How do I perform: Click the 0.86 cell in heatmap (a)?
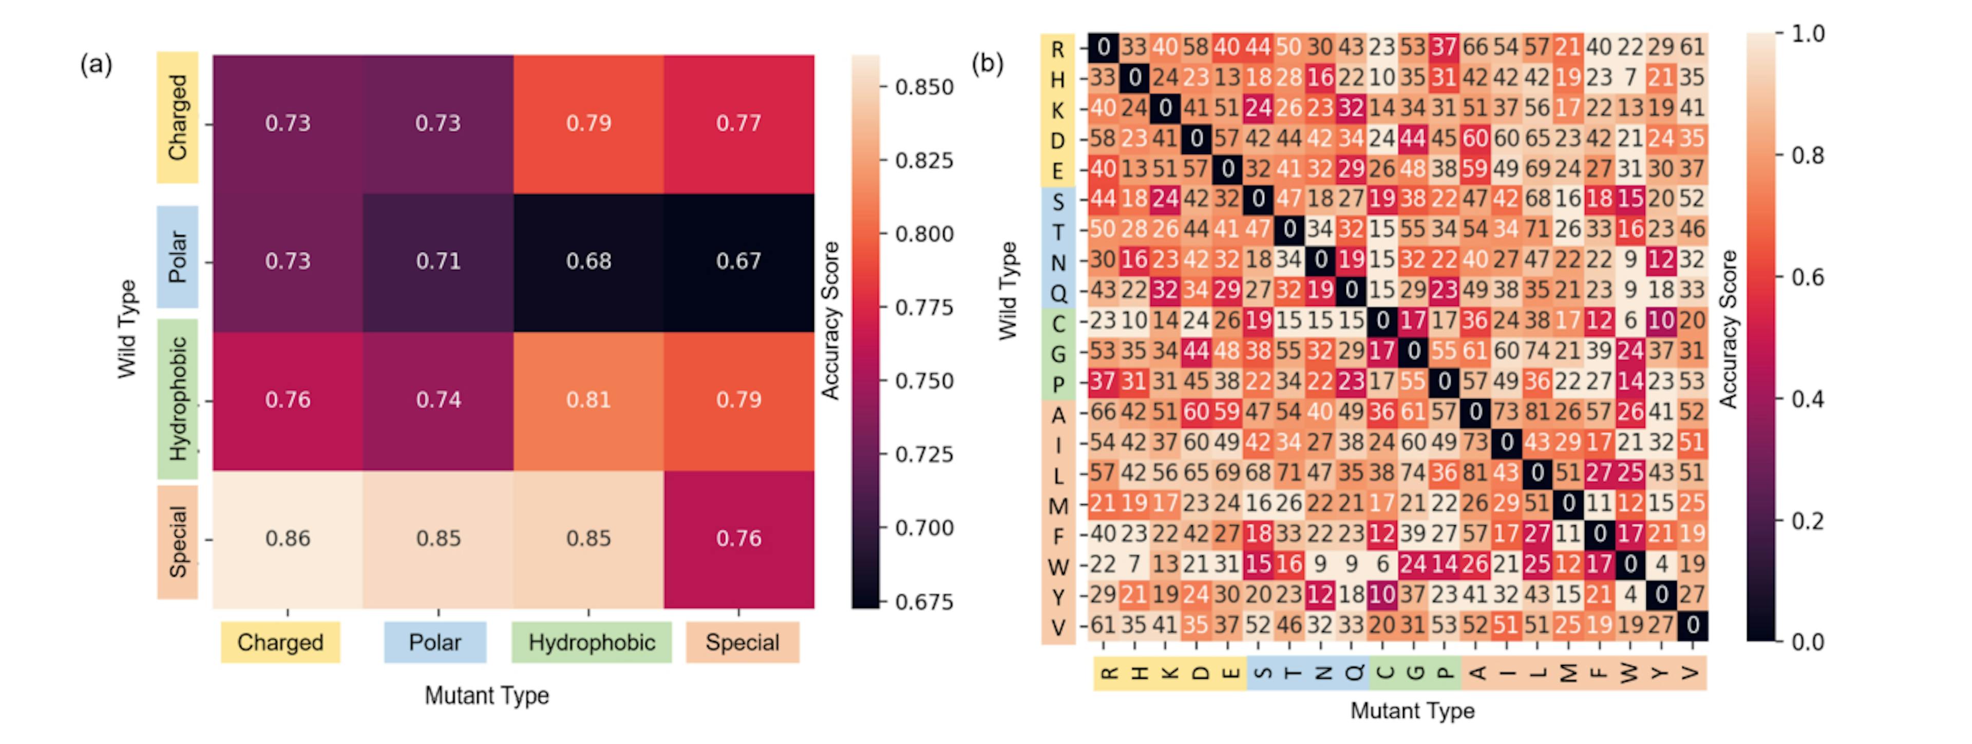tap(288, 538)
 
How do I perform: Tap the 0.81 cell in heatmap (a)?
tap(588, 399)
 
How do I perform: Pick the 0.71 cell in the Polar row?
tap(438, 261)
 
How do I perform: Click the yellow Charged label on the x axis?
tap(280, 642)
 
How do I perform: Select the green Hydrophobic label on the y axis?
tap(178, 399)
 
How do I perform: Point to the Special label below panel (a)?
tap(742, 642)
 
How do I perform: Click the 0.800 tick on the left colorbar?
tap(923, 234)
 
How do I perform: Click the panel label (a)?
tap(97, 64)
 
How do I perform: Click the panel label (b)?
tap(988, 63)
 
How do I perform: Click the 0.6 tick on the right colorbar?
tap(1807, 277)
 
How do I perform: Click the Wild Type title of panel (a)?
tap(127, 329)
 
